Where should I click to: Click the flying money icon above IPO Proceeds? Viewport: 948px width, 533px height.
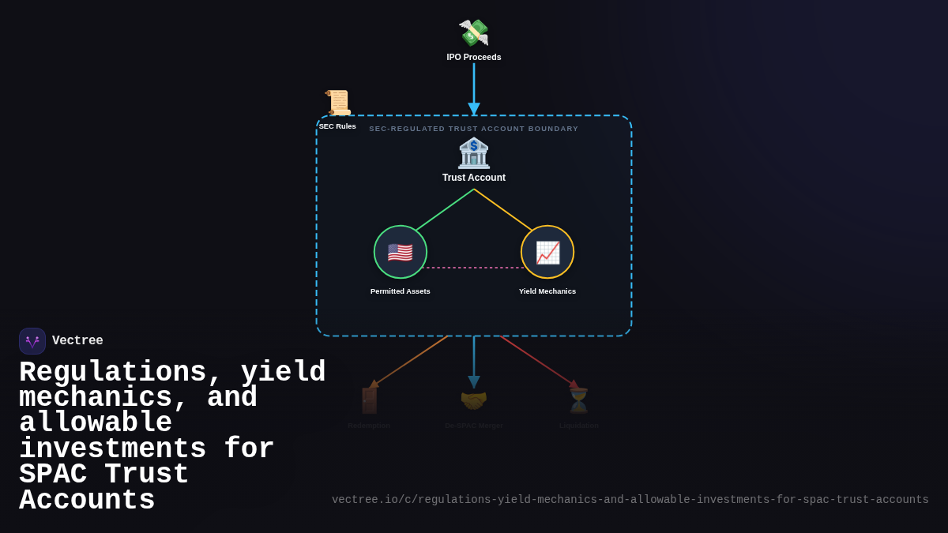click(473, 33)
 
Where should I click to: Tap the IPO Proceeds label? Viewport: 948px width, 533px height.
click(474, 57)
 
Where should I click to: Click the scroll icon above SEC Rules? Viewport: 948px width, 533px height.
click(338, 103)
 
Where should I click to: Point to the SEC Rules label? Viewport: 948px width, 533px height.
click(337, 126)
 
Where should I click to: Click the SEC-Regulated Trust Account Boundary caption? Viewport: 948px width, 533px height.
click(474, 129)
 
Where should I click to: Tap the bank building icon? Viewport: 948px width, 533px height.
click(474, 153)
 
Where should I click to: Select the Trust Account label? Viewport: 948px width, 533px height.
click(474, 178)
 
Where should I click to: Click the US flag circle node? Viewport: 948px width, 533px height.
click(401, 252)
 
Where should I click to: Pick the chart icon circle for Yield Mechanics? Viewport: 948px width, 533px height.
click(547, 252)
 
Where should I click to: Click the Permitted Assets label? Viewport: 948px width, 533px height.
click(401, 291)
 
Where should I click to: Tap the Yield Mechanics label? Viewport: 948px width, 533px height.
click(547, 291)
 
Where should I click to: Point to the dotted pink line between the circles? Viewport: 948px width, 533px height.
click(474, 268)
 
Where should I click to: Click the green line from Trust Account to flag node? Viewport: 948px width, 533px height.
click(444, 210)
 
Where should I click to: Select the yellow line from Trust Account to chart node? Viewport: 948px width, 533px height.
click(504, 210)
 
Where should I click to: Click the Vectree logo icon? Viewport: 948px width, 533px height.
click(32, 341)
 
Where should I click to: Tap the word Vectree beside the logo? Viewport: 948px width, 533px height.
click(77, 341)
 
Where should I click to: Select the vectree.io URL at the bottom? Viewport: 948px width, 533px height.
click(630, 500)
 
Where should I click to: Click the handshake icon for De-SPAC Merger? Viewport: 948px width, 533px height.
click(474, 400)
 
